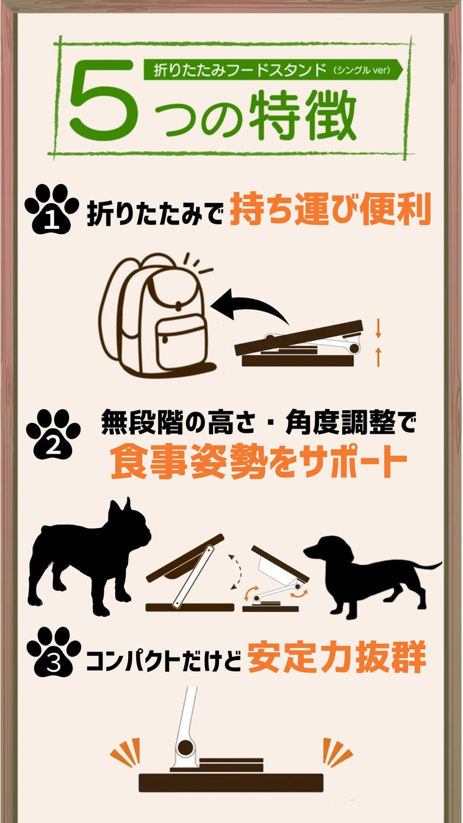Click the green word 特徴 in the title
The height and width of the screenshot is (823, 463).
click(x=303, y=113)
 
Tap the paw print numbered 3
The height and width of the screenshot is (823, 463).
click(x=54, y=652)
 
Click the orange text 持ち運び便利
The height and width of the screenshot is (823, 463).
click(x=330, y=210)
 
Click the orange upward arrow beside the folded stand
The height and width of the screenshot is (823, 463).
click(x=378, y=357)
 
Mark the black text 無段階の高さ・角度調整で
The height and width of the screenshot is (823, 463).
click(x=259, y=422)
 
